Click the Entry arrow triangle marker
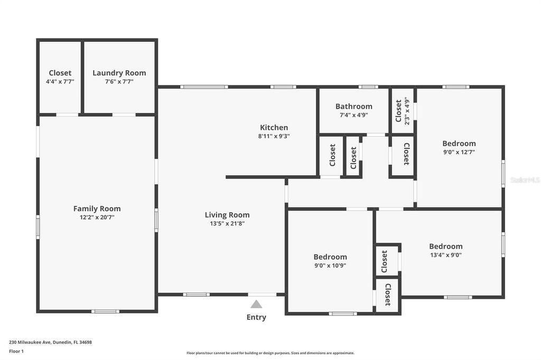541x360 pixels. tap(256, 304)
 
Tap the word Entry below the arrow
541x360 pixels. tap(256, 317)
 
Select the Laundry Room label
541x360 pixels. tap(119, 73)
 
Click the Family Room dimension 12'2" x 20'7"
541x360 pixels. tap(97, 217)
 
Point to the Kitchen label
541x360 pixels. tap(274, 127)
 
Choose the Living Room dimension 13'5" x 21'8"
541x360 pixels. tap(227, 223)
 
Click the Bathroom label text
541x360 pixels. tap(353, 106)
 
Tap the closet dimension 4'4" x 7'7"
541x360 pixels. tap(60, 82)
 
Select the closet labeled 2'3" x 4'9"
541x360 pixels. tap(406, 110)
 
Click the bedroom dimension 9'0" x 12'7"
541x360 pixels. tap(459, 152)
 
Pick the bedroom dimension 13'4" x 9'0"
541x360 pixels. tap(445, 255)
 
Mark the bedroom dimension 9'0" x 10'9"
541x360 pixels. tap(330, 266)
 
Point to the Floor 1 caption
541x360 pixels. tap(17, 350)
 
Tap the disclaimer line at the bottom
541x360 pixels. tap(270, 353)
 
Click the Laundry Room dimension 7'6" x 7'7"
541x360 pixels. tap(119, 82)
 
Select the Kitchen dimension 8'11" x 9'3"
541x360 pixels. tap(274, 136)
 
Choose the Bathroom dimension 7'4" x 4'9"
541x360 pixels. tap(353, 115)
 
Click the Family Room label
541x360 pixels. tap(97, 209)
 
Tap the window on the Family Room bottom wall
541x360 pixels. tap(105, 311)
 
